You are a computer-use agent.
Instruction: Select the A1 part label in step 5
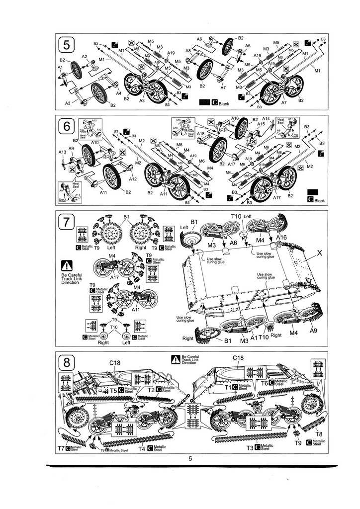[x=60, y=67]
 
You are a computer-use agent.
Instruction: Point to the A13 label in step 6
[x=62, y=152]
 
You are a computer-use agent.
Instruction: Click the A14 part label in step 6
[x=266, y=119]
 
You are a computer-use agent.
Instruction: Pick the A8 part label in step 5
[x=188, y=51]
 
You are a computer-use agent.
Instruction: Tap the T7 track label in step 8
[x=61, y=448]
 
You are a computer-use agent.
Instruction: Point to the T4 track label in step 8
[x=141, y=448]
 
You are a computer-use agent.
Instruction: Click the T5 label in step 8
[x=113, y=391]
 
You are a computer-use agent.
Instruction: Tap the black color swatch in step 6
[x=313, y=192]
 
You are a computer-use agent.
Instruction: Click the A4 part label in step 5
[x=118, y=93]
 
